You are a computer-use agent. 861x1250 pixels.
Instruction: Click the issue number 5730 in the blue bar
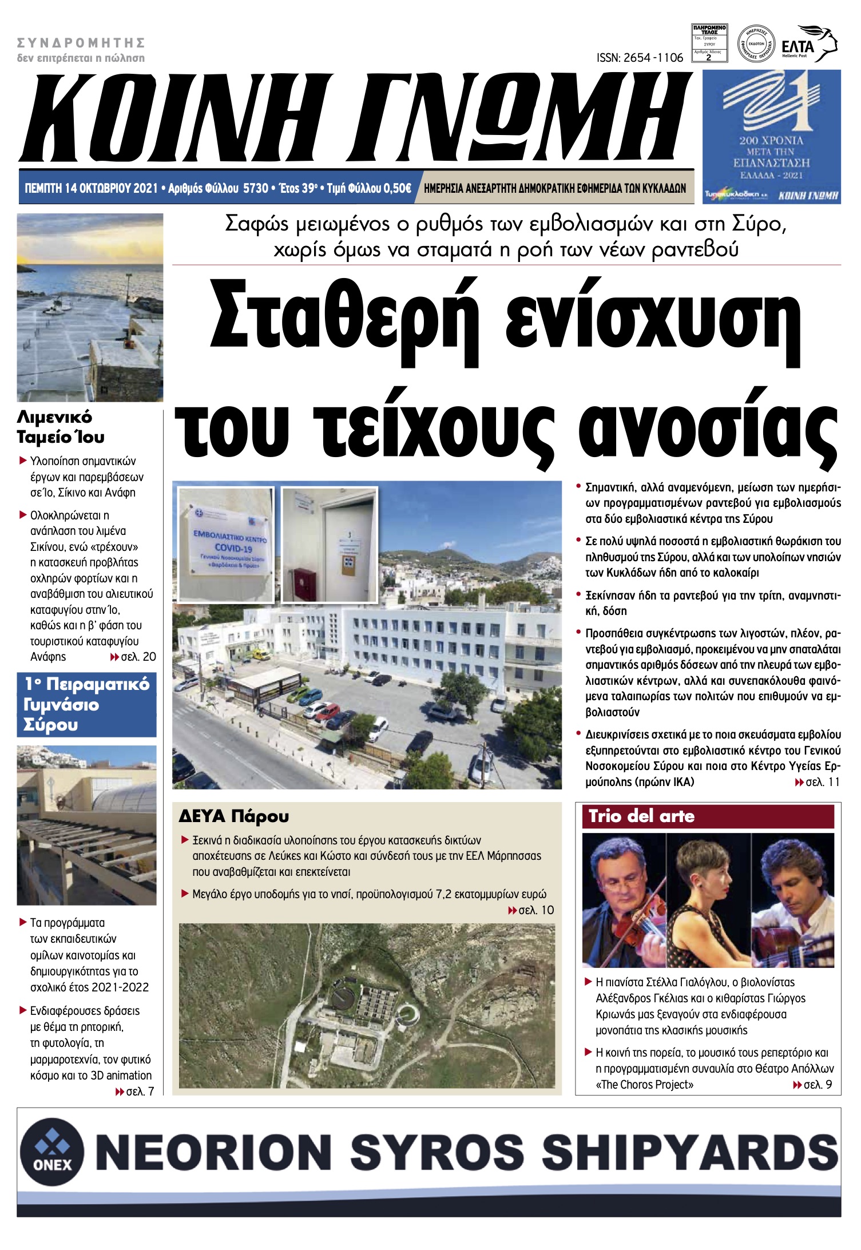click(x=256, y=188)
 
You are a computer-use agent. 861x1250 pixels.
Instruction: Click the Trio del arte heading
click(x=641, y=816)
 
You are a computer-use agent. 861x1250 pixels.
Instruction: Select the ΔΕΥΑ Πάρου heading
click(x=233, y=816)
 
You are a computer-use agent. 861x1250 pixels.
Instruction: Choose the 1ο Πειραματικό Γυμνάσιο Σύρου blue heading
click(x=86, y=704)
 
